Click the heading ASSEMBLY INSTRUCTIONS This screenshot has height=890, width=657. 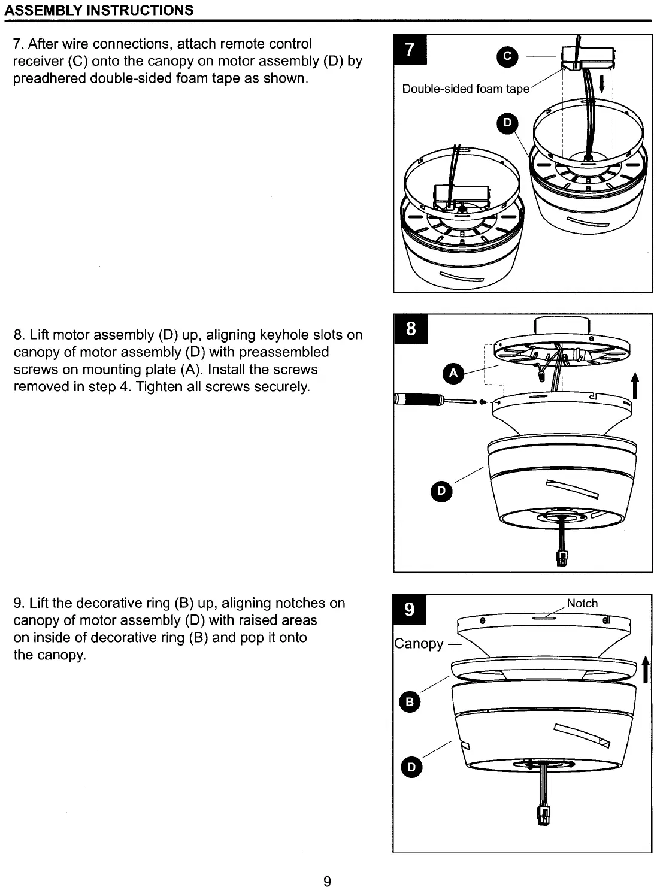coord(99,10)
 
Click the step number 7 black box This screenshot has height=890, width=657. coord(410,49)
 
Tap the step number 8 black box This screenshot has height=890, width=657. coord(411,328)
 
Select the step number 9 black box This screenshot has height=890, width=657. coord(410,610)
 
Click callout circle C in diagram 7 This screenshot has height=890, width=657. coord(507,56)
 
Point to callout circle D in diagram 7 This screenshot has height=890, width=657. coord(507,123)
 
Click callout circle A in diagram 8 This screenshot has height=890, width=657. coord(453,374)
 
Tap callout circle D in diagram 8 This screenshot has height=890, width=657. coord(441,491)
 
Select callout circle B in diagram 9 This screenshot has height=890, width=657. coord(410,702)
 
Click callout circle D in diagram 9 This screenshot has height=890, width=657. coord(411,767)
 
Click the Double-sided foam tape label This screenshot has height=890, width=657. coord(465,89)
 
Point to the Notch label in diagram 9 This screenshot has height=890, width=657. coord(582,603)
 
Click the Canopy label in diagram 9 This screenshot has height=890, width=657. coord(419,644)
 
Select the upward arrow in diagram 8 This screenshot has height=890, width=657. coord(635,385)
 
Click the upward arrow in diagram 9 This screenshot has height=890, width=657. coord(645,669)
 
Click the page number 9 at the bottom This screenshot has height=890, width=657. coord(327,881)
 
